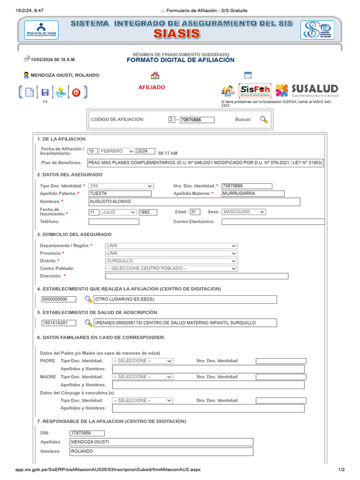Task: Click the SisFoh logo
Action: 255,90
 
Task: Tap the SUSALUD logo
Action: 307,90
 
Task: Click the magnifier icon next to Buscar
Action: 264,120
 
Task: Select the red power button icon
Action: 76,92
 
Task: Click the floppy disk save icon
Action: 45,92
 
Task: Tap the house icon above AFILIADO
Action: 155,75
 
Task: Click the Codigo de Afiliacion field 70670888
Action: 197,120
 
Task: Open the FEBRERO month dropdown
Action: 117,151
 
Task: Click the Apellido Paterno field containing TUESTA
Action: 120,194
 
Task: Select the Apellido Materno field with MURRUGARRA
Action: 253,194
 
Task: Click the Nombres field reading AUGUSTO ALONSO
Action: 194,202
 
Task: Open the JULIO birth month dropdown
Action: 119,212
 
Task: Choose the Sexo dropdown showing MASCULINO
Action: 243,212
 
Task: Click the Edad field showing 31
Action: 195,212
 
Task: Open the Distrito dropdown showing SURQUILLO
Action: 171,261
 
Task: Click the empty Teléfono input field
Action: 114,222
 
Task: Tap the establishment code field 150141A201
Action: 60,323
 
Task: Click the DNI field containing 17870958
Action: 87,433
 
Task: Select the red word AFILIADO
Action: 151,87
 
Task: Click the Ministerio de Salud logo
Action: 41,30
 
